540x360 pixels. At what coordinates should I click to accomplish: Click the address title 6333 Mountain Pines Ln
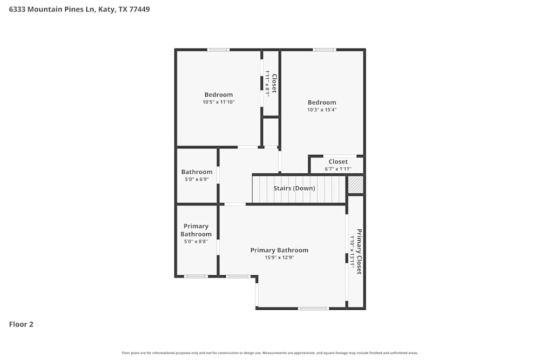pos(79,9)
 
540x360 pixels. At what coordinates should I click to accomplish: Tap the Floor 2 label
pos(21,324)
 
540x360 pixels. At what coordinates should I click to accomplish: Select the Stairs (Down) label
pos(294,188)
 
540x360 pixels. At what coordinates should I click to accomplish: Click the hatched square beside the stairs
pos(355,185)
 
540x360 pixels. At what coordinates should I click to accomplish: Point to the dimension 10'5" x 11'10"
pos(219,102)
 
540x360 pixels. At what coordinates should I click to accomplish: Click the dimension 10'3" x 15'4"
pos(322,110)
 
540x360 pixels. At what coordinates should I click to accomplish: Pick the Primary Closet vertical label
pos(359,252)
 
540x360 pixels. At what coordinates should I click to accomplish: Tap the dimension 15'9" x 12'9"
pos(279,257)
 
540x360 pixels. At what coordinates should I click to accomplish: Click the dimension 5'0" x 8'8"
pos(196,242)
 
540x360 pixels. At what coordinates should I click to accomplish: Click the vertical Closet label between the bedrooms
pos(274,84)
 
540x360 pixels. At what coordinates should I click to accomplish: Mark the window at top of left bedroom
pos(218,50)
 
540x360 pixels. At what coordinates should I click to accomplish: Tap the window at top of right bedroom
pos(324,50)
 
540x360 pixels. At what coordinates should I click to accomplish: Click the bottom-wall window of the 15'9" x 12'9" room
pos(313,308)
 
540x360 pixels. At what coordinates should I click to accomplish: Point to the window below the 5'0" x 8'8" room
pos(195,276)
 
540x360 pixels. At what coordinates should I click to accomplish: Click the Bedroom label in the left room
pos(219,95)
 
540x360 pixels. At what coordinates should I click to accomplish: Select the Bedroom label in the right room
pos(322,103)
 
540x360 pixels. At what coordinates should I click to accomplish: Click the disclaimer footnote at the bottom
pos(270,353)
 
